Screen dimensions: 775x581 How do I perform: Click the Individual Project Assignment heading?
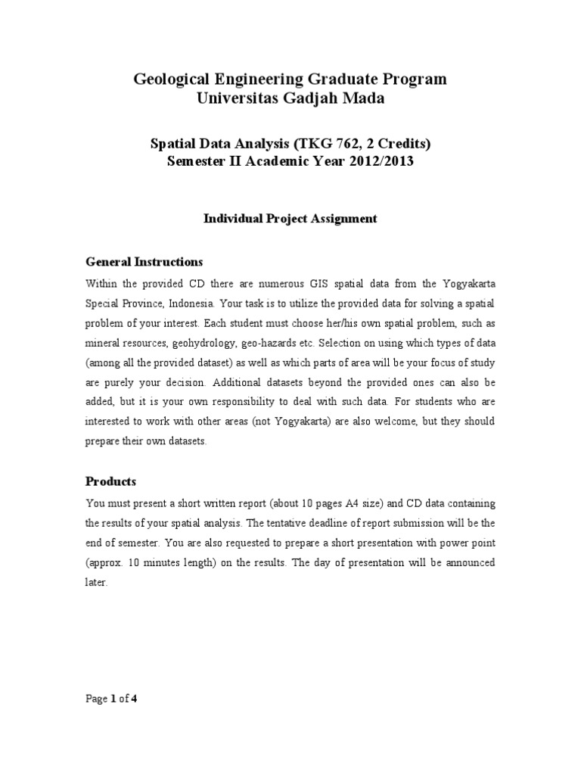290,218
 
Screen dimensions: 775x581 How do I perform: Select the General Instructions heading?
144,262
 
